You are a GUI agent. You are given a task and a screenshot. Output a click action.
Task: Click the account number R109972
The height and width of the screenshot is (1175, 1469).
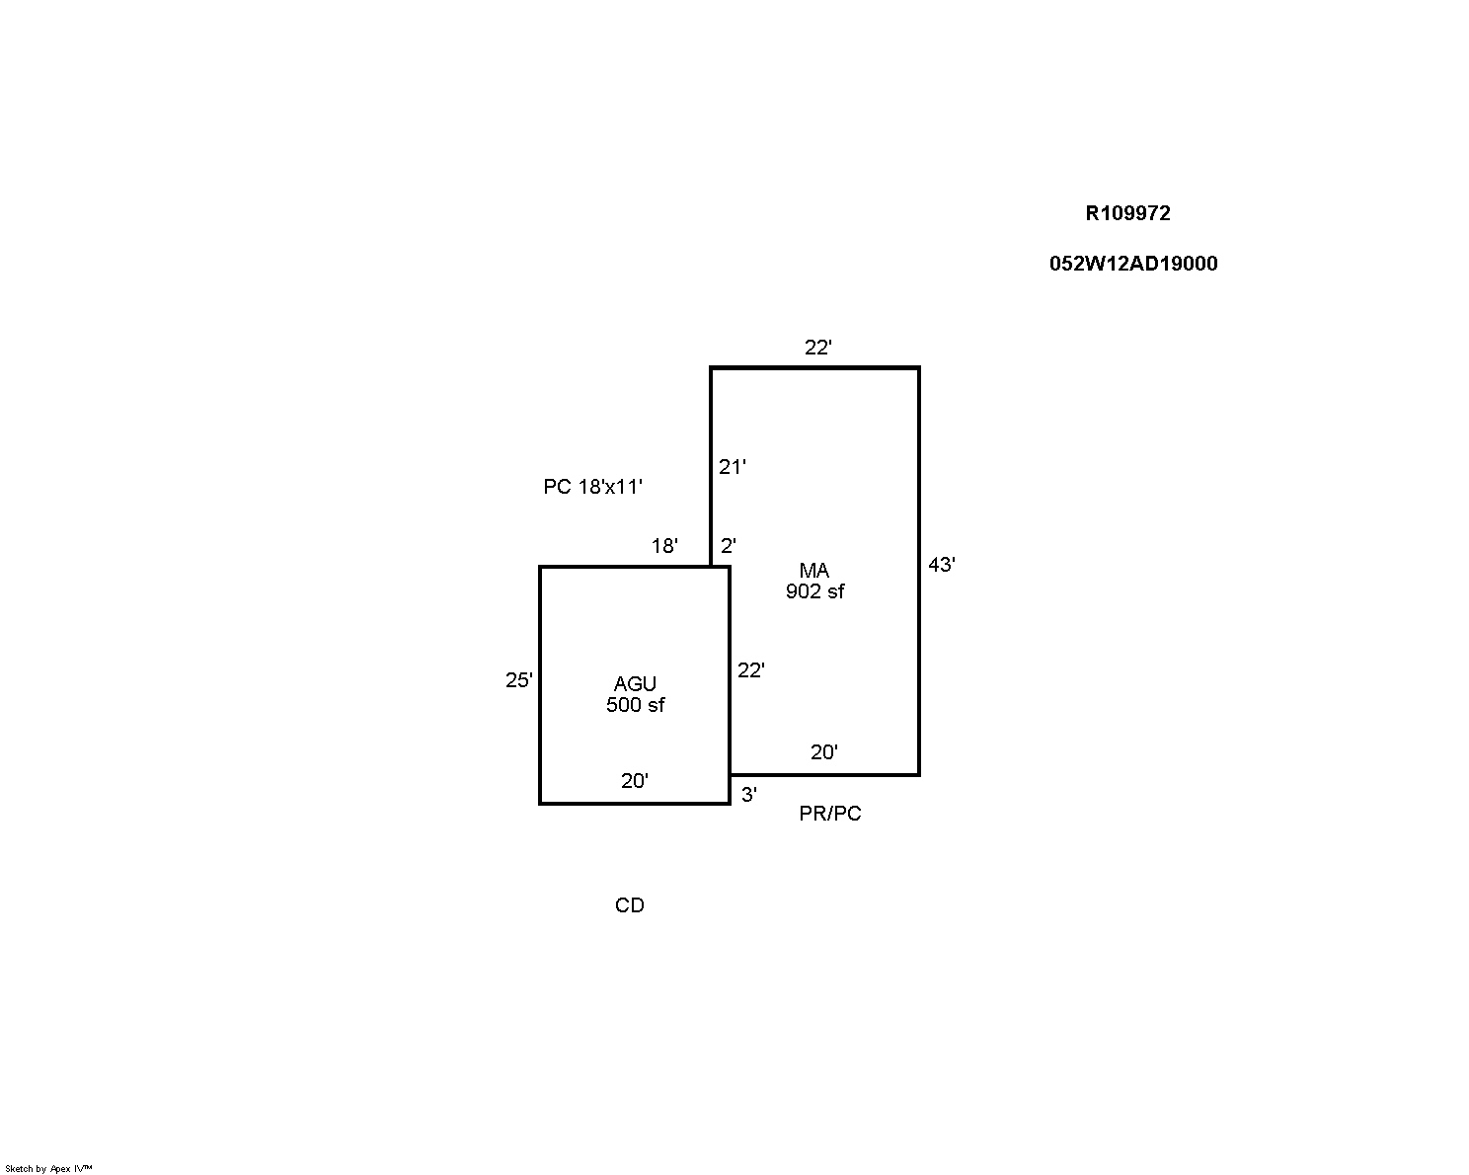[1127, 213]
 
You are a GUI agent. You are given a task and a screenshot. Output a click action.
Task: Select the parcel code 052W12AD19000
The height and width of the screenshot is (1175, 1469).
[1133, 264]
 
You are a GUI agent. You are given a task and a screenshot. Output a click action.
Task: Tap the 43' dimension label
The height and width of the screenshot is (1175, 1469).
[942, 565]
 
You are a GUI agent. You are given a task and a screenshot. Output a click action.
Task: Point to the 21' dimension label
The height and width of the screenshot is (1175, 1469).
[732, 467]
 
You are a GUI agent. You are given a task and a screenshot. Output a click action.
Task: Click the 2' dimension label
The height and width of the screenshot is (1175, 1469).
[728, 545]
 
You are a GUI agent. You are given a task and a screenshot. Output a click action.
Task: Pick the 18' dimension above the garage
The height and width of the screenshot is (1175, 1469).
[664, 545]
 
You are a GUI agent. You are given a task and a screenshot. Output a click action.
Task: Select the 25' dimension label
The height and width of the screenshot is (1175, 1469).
[519, 680]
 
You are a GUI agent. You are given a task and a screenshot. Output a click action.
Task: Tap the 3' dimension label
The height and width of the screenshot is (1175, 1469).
[749, 795]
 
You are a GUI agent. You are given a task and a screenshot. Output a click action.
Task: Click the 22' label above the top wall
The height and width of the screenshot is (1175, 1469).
[817, 348]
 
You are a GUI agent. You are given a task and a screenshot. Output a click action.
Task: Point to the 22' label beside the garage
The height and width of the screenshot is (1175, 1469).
[751, 670]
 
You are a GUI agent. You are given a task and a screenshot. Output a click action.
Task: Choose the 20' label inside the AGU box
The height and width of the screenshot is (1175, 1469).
[634, 780]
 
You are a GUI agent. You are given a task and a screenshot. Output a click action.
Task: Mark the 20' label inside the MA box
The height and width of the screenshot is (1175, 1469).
[824, 752]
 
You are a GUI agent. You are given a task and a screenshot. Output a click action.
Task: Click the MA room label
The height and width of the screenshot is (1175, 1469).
[814, 570]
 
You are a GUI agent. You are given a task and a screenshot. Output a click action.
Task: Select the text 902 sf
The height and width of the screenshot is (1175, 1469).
[815, 591]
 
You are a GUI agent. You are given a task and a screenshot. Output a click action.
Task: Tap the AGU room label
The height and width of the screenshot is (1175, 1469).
[635, 683]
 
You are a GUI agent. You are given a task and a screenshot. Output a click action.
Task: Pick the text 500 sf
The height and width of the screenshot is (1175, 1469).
[636, 705]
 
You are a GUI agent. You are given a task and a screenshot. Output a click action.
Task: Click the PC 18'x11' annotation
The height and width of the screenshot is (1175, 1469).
[592, 487]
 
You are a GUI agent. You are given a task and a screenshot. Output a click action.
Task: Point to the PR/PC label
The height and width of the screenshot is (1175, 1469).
[830, 814]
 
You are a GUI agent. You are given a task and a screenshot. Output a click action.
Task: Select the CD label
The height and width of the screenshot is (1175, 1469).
[630, 905]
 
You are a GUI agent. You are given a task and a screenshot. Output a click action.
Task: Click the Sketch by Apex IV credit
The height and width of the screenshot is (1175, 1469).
[48, 1169]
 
